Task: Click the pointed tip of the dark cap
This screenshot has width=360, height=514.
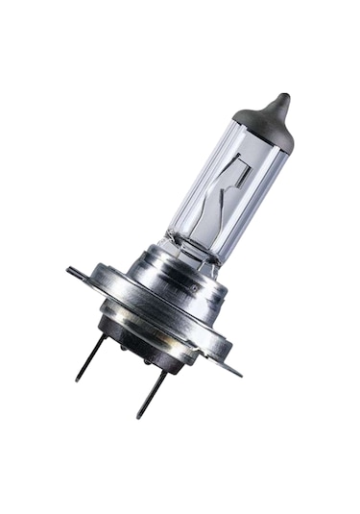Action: pyautogui.click(x=281, y=96)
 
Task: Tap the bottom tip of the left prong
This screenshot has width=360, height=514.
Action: pyautogui.click(x=78, y=379)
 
